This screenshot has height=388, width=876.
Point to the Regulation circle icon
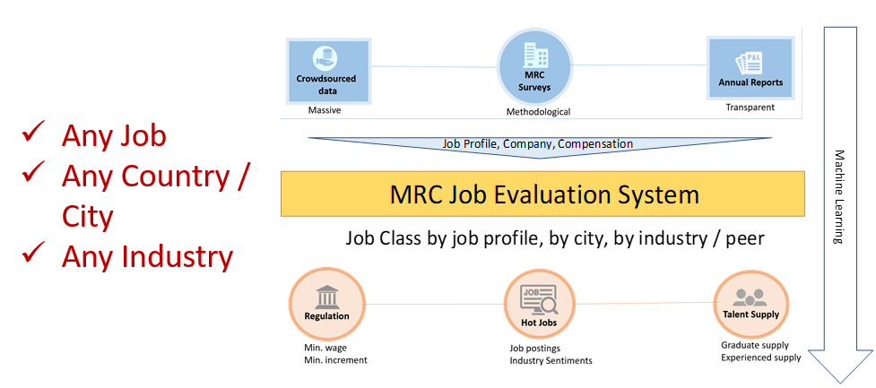click(x=326, y=302)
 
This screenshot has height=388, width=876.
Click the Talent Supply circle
click(x=750, y=303)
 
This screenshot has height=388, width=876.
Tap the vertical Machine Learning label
click(x=839, y=197)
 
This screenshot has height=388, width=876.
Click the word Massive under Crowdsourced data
click(x=325, y=111)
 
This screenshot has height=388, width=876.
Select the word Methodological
click(x=538, y=112)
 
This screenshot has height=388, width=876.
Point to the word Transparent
click(x=750, y=108)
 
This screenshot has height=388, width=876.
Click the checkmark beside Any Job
click(x=34, y=134)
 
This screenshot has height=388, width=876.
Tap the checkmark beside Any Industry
click(x=34, y=256)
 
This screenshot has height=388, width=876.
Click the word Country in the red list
click(x=178, y=177)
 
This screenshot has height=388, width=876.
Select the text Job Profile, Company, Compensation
click(x=537, y=143)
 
